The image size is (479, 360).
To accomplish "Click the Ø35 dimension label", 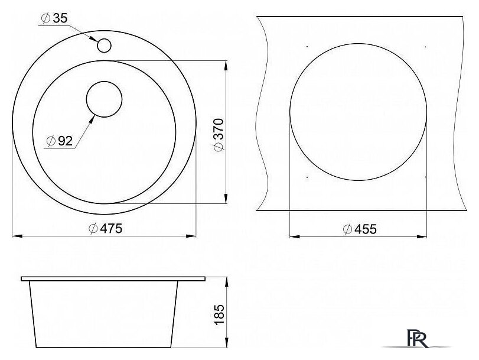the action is click(x=54, y=18).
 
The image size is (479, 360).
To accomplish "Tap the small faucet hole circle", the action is click(x=104, y=46).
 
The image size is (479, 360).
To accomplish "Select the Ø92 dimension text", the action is click(x=59, y=141).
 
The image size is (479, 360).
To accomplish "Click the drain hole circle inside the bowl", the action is click(x=104, y=99).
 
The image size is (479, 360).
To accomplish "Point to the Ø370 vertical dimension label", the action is click(x=219, y=135).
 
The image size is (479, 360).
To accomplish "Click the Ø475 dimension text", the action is click(x=105, y=229).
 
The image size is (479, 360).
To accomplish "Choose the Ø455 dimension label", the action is click(x=360, y=229).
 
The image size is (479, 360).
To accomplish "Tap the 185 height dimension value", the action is click(x=219, y=314).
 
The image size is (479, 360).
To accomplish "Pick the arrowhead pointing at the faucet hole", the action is click(x=93, y=38).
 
